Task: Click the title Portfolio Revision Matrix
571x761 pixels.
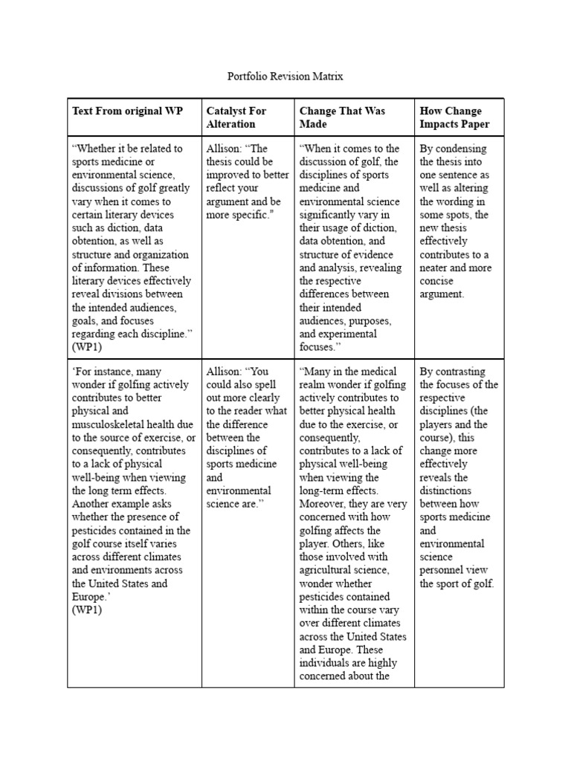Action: (285, 77)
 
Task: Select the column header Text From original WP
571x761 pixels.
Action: (127, 111)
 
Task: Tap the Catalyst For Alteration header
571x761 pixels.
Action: (236, 117)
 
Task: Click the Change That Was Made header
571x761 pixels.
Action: (342, 117)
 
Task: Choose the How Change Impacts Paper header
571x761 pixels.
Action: (451, 117)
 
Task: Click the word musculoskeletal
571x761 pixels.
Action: (112, 424)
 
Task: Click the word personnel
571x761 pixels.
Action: (445, 571)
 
